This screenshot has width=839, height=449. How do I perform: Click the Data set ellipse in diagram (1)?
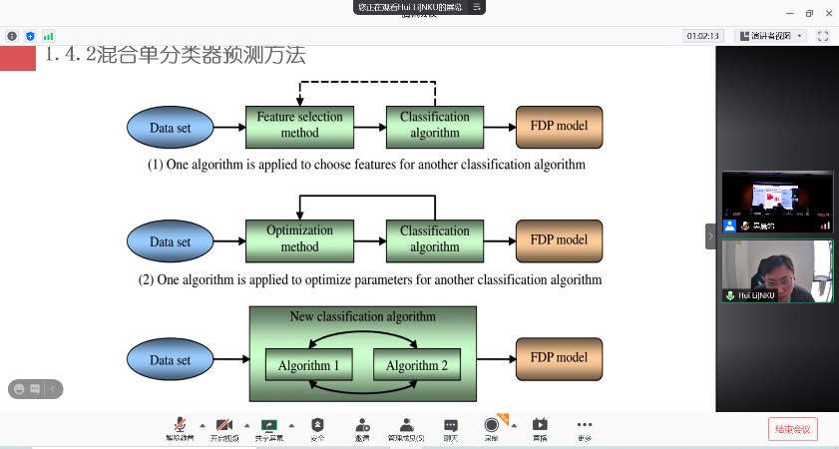pyautogui.click(x=170, y=127)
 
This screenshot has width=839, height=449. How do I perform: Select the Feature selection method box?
pyautogui.click(x=299, y=125)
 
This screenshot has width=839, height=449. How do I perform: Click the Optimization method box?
pyautogui.click(x=299, y=239)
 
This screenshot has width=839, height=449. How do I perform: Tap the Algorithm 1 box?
pyautogui.click(x=309, y=365)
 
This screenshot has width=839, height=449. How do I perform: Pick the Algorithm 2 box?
pyautogui.click(x=417, y=365)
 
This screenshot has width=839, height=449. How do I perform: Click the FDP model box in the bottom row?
pyautogui.click(x=559, y=357)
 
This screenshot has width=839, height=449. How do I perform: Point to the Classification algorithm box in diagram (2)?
pyautogui.click(x=435, y=239)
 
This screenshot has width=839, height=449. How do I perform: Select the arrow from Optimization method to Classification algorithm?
pyautogui.click(x=369, y=240)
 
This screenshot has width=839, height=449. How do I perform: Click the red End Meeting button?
pyautogui.click(x=792, y=429)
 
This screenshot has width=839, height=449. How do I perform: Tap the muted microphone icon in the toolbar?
pyautogui.click(x=181, y=424)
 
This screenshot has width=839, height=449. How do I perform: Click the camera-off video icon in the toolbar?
pyautogui.click(x=223, y=424)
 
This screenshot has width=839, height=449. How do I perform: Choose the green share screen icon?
pyautogui.click(x=267, y=424)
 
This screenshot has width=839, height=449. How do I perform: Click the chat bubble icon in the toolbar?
pyautogui.click(x=451, y=424)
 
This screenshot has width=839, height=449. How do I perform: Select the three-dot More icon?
pyautogui.click(x=585, y=424)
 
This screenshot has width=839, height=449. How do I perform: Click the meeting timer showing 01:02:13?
pyautogui.click(x=702, y=36)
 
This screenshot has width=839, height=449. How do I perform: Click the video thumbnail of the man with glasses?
pyautogui.click(x=777, y=270)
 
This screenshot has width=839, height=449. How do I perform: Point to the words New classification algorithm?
pyautogui.click(x=363, y=317)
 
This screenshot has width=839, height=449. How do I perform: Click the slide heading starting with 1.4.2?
pyautogui.click(x=175, y=56)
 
